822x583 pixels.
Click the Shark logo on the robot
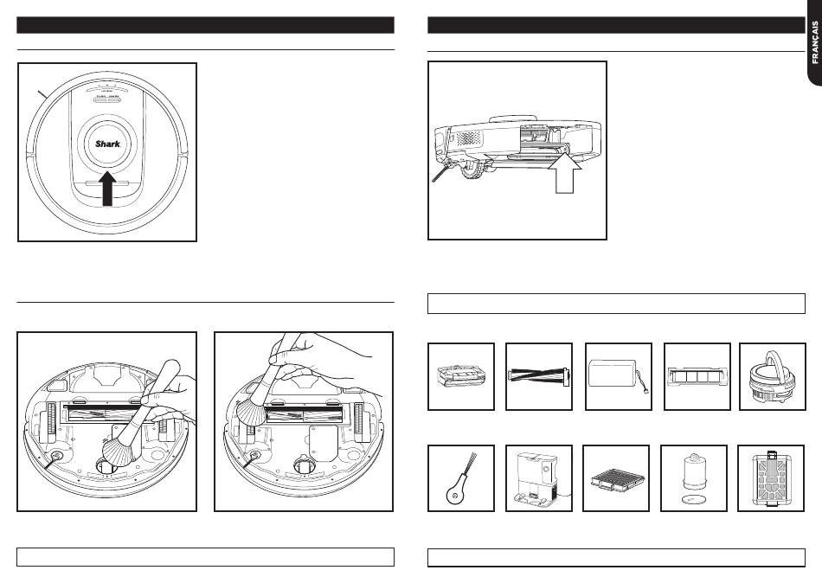point(107,144)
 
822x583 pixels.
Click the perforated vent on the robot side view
point(468,137)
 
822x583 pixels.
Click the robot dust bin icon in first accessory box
point(461,375)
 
